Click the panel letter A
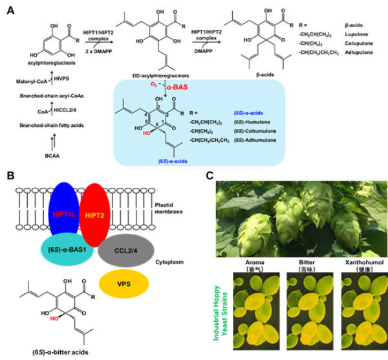[10, 9]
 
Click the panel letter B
[8, 175]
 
